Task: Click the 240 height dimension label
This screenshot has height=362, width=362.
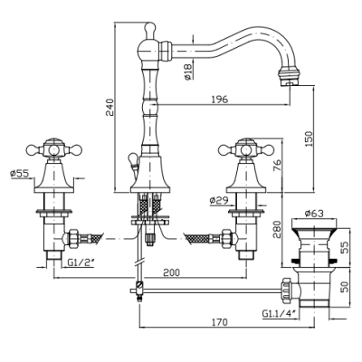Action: (x=110, y=108)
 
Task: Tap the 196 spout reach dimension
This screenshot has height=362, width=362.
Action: (x=220, y=99)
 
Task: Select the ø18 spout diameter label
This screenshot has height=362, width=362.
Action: (x=187, y=71)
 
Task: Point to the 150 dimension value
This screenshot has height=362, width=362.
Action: (x=310, y=139)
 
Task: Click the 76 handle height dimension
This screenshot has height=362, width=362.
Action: (x=277, y=165)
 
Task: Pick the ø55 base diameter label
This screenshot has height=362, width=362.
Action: (x=19, y=174)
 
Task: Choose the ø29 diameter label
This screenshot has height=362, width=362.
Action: (x=219, y=200)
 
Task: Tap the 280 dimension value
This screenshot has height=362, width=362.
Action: (x=277, y=229)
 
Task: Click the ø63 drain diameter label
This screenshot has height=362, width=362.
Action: (x=314, y=214)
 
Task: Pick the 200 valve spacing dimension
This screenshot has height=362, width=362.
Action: (x=171, y=272)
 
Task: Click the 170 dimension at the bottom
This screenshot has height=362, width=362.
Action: (x=220, y=322)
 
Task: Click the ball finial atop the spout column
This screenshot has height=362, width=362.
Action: (x=149, y=28)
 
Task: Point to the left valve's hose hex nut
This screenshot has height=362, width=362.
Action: (x=73, y=239)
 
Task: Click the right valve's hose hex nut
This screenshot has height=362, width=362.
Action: (x=226, y=239)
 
